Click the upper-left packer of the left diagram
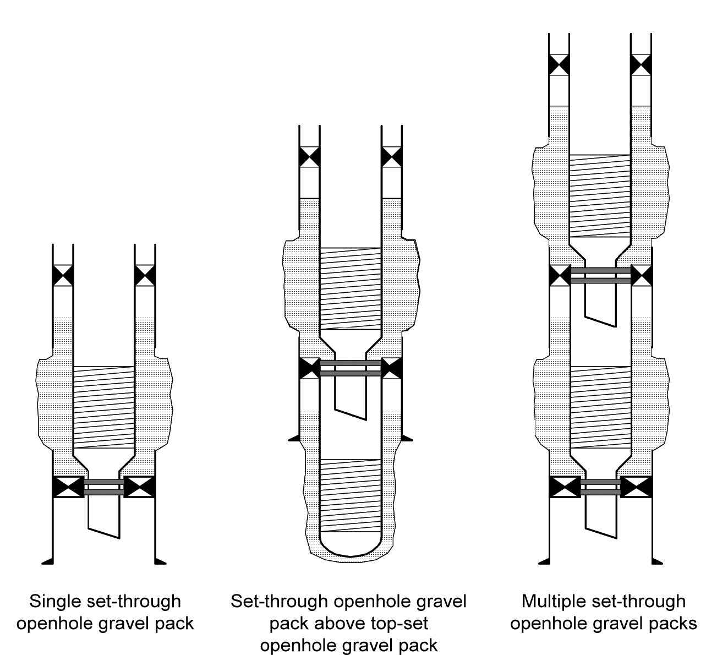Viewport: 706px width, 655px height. [x=63, y=275]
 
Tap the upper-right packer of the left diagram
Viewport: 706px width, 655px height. [x=145, y=275]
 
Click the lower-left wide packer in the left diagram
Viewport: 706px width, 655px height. [x=68, y=487]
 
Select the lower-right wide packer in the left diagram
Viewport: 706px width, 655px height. [x=139, y=487]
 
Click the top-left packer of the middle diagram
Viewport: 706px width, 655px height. [x=309, y=156]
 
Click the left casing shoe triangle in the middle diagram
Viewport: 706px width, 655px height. [x=294, y=438]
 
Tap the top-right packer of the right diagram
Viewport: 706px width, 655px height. [x=641, y=64]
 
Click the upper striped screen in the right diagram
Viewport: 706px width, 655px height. [x=600, y=195]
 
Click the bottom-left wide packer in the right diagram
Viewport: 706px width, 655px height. [x=565, y=487]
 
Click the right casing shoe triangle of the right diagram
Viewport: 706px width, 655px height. [x=656, y=561]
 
